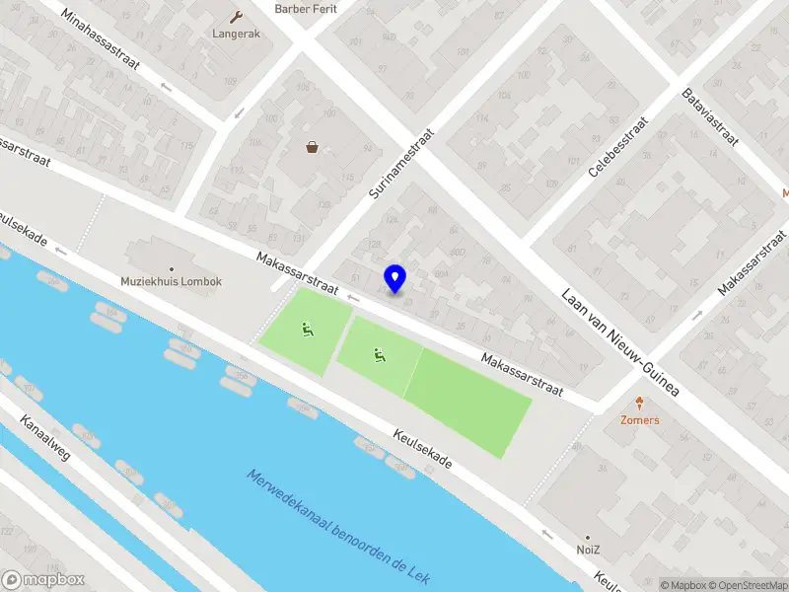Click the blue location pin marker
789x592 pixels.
(395, 278)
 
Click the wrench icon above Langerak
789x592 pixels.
(236, 16)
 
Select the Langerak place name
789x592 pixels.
(236, 33)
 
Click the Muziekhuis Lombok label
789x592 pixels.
(172, 281)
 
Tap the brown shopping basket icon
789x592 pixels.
(313, 148)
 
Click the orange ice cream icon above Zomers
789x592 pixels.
(639, 403)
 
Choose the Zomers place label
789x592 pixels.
(639, 419)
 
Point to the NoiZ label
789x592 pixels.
(589, 548)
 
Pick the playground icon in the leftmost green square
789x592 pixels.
(309, 332)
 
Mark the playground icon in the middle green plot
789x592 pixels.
(379, 355)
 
